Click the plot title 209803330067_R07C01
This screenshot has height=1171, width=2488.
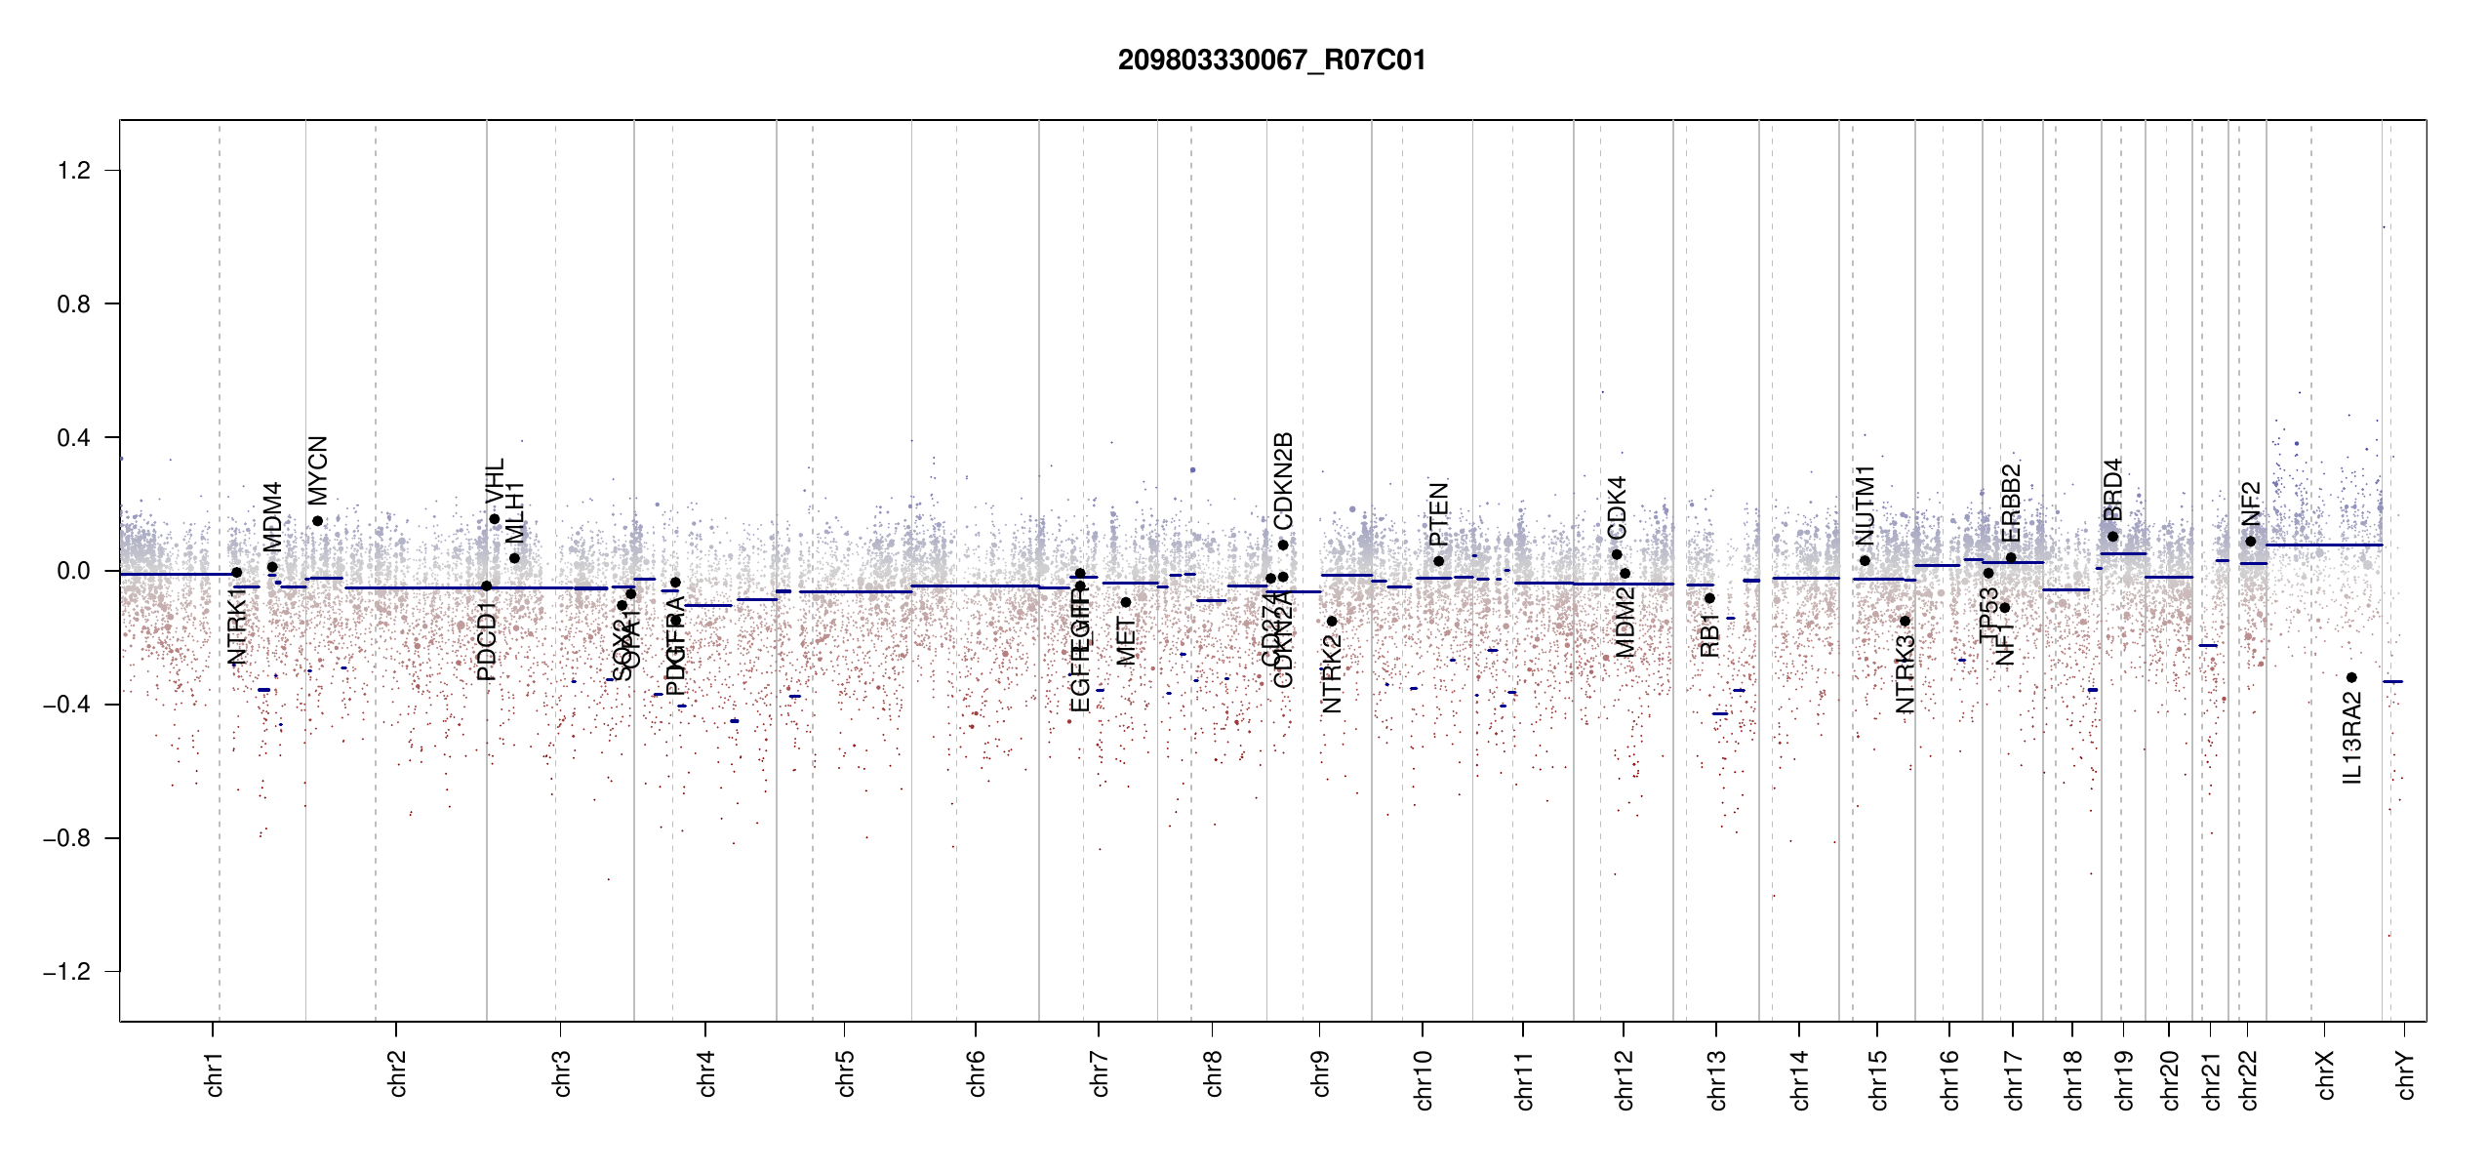[1271, 61]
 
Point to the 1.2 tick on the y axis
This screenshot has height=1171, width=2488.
[73, 171]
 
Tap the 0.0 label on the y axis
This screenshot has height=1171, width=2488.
[73, 571]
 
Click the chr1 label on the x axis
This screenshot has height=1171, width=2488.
[215, 1073]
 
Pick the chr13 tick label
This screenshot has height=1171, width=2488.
[1717, 1079]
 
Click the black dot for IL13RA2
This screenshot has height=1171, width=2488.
[2351, 677]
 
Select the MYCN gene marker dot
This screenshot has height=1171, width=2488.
[317, 521]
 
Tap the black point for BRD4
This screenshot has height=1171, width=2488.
[2112, 537]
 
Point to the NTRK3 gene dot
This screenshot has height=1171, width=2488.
[1905, 621]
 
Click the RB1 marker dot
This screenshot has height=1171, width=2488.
[1709, 598]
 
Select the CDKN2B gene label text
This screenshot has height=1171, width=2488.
[1283, 481]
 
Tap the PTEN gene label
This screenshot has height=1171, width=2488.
[1438, 514]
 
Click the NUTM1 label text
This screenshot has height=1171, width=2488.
[1865, 505]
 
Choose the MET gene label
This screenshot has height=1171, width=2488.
[1126, 642]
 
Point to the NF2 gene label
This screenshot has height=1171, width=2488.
[2250, 504]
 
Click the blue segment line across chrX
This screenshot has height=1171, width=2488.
[2324, 545]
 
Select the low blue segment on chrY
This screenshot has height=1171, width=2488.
[2392, 681]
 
